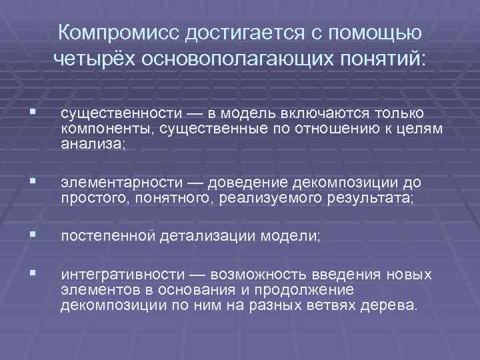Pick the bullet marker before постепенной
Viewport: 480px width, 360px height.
click(25, 235)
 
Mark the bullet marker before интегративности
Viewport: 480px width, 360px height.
click(25, 275)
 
